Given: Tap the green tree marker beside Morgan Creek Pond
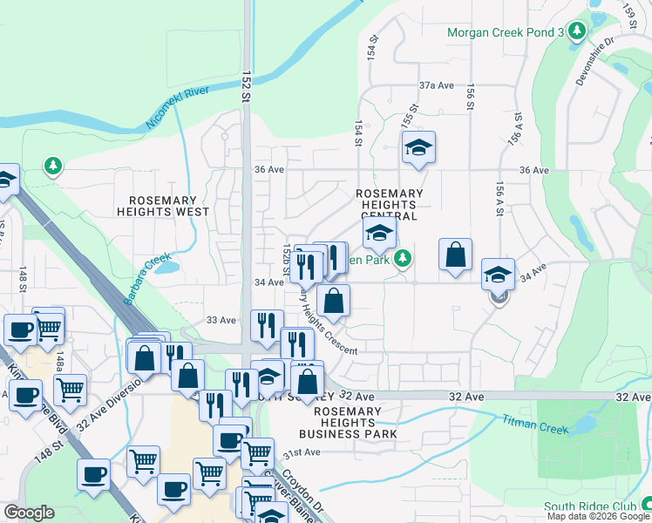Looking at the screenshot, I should (576, 32).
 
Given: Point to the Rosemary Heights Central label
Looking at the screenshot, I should (390, 204).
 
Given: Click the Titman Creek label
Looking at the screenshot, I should (534, 425).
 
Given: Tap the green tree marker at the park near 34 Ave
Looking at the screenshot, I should (402, 259).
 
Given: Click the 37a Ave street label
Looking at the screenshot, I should (437, 85).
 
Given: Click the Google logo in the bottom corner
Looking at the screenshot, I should (29, 513).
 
